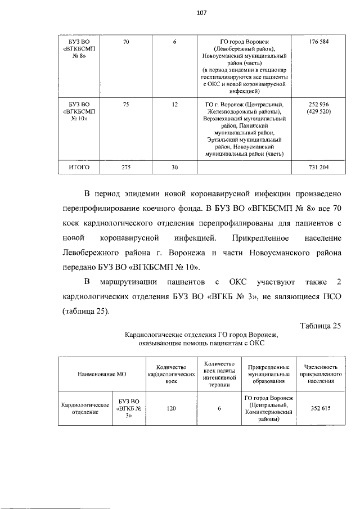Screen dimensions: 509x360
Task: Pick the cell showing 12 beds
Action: click(x=175, y=104)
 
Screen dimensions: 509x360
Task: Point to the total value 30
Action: click(x=175, y=167)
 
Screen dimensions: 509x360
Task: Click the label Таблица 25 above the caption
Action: click(x=321, y=325)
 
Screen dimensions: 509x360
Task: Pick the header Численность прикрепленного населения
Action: click(x=321, y=373)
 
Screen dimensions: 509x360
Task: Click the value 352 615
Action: click(x=321, y=409)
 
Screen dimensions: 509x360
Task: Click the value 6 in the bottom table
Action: click(x=219, y=409)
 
